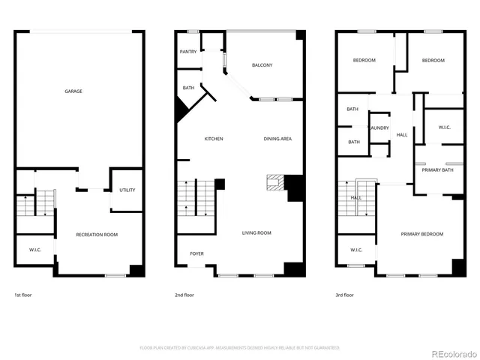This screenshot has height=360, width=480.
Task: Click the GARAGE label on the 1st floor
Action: [x=73, y=91]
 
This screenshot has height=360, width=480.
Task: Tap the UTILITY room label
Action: [x=127, y=190]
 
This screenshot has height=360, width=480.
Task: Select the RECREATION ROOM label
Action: [x=97, y=235]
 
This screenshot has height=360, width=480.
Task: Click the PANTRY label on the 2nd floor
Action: [x=187, y=52]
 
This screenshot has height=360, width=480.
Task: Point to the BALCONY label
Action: [x=262, y=65]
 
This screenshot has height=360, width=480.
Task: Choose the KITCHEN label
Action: [x=214, y=139]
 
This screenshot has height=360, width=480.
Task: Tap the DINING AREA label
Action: [x=277, y=139]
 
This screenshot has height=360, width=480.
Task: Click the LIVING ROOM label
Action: [x=256, y=233]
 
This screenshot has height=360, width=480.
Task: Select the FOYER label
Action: [x=196, y=253]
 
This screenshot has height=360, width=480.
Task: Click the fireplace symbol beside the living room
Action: [x=275, y=184]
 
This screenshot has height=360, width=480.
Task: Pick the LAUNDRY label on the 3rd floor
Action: [x=379, y=127]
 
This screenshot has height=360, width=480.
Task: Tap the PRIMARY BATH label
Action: [x=436, y=170]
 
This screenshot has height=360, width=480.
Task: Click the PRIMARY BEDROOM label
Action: [x=421, y=234]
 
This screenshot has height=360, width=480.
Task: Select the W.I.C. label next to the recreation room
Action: [x=35, y=250]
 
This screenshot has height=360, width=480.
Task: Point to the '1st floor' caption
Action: [x=23, y=295]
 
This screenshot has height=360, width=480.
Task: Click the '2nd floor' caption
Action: [x=184, y=295]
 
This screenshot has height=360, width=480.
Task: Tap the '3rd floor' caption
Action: [x=344, y=295]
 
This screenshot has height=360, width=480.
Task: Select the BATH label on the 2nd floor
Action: [x=188, y=88]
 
